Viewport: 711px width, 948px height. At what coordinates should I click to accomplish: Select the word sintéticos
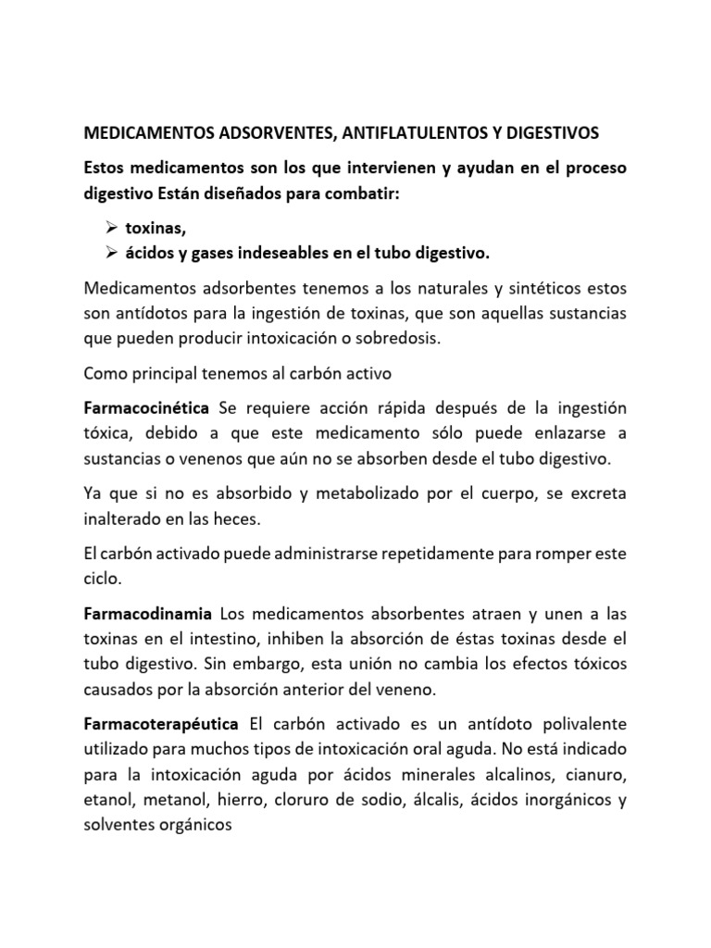(543, 291)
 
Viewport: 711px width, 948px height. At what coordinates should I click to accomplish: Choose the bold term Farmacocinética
(146, 409)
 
